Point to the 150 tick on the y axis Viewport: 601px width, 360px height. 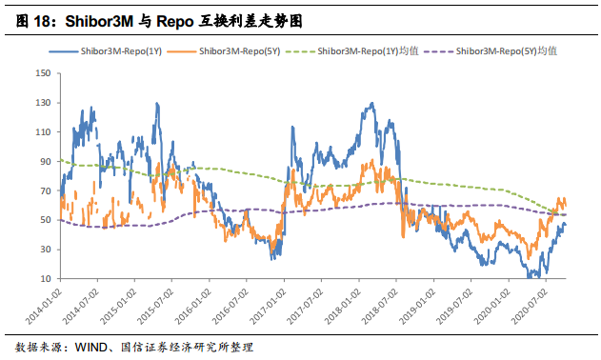click(x=42, y=73)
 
